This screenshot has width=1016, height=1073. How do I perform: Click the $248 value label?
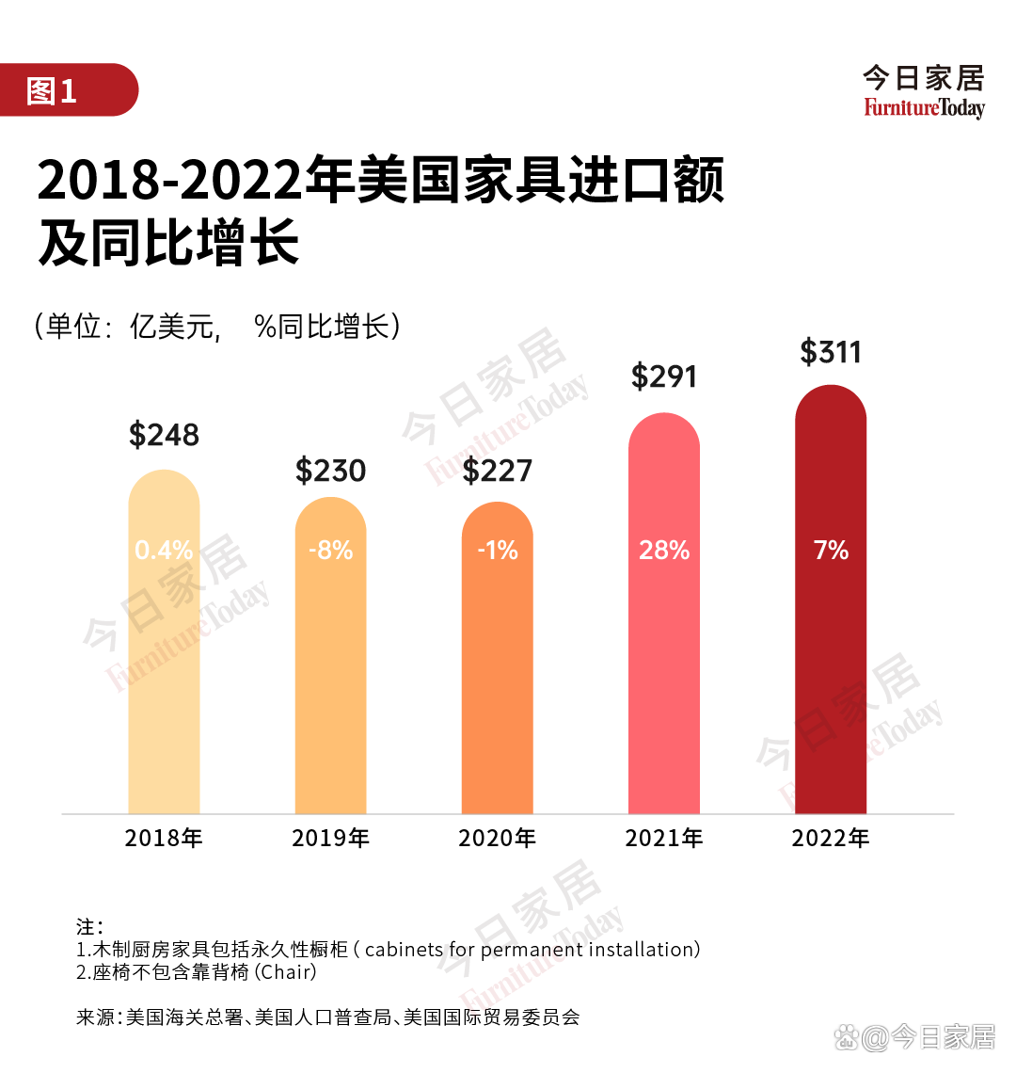click(164, 435)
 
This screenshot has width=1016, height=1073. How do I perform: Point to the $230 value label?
click(330, 471)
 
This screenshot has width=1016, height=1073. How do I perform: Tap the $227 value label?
click(497, 471)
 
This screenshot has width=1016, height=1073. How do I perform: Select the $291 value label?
click(664, 376)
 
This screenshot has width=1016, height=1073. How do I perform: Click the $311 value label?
click(831, 352)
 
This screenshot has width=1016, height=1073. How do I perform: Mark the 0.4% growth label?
click(164, 550)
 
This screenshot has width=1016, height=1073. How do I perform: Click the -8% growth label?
click(330, 550)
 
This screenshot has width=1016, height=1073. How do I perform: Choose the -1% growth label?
click(497, 550)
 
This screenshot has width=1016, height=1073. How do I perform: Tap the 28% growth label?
click(664, 550)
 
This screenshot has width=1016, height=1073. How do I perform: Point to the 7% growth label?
click(831, 550)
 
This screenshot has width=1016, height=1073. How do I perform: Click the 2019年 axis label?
click(330, 838)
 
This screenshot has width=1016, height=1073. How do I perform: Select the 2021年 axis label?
click(664, 838)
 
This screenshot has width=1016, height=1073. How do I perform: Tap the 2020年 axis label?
click(497, 838)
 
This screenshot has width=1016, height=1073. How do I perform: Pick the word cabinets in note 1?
click(403, 950)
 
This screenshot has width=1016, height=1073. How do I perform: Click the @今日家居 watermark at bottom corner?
click(926, 1037)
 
